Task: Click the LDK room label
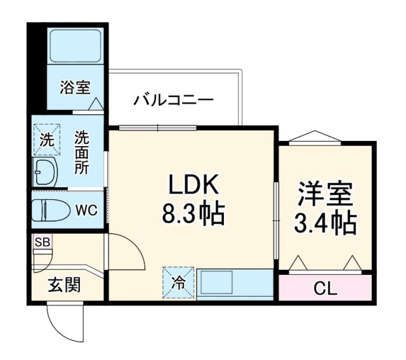point(193,185)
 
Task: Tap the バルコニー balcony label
point(173,100)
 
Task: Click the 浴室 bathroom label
point(74,88)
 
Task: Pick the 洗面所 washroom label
point(82,153)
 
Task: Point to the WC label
point(87,210)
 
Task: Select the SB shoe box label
point(42,242)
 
